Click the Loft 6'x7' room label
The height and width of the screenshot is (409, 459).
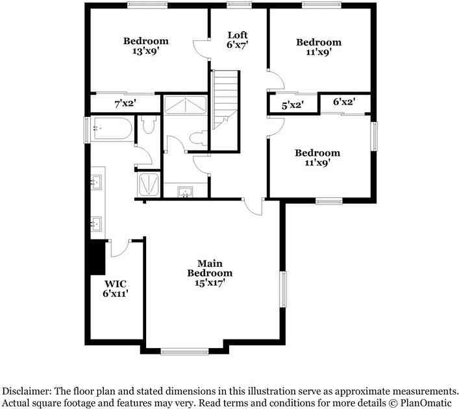pyautogui.click(x=237, y=40)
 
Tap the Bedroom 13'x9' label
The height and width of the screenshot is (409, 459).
pyautogui.click(x=146, y=46)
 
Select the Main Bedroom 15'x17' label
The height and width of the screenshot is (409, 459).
pyautogui.click(x=210, y=273)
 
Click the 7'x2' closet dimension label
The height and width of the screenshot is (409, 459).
pyautogui.click(x=124, y=103)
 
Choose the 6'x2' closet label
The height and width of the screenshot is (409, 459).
pyautogui.click(x=343, y=102)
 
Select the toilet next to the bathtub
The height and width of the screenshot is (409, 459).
pyautogui.click(x=147, y=125)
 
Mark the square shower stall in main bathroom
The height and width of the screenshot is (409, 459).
pyautogui.click(x=149, y=184)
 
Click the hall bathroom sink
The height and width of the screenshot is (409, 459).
pyautogui.click(x=186, y=191)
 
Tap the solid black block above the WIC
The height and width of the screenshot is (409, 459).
pyautogui.click(x=97, y=258)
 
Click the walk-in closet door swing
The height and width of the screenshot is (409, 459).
pyautogui.click(x=119, y=247)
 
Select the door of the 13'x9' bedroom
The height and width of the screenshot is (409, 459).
pyautogui.click(x=201, y=49)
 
